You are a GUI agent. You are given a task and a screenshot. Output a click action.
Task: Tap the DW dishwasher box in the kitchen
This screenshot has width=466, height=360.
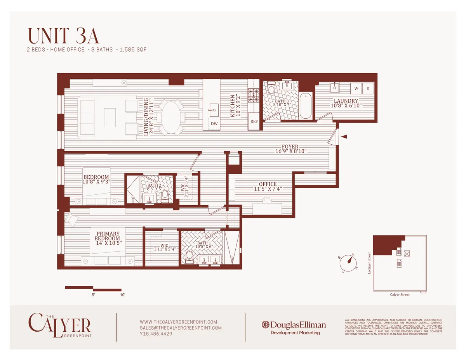coord(214,124)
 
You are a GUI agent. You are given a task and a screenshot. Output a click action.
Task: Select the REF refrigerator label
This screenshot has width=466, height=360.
coord(254,121)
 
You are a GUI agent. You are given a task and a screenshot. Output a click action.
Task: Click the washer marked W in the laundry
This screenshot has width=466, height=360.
coord(356,88)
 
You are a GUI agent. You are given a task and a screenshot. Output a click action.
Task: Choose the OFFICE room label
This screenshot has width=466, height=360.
coord(268,184)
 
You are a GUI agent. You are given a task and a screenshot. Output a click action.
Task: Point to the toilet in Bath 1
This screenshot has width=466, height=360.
coord(189,257)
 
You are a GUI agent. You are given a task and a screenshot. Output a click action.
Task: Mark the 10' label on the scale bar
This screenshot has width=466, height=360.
coord(123,295)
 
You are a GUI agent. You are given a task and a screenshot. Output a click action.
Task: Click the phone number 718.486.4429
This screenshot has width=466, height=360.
coord(156,334)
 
